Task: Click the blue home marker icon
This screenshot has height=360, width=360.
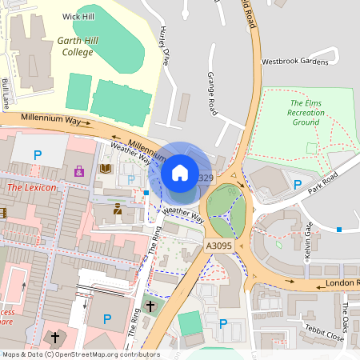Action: click(180, 173)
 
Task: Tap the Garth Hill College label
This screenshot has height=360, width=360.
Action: click(76, 46)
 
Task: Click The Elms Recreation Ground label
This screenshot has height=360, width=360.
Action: click(306, 112)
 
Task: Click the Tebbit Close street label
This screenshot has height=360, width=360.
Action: click(325, 338)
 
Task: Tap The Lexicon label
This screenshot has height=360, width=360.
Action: click(32, 187)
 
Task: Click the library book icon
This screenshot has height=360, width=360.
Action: click(106, 169)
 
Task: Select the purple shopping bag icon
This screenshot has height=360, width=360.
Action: click(78, 170)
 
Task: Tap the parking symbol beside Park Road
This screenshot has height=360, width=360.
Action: click(298, 185)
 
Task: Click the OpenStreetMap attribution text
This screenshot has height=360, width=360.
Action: click(80, 354)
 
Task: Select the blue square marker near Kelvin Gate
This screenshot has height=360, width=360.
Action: click(339, 230)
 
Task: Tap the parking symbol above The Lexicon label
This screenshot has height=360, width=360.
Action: click(37, 154)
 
